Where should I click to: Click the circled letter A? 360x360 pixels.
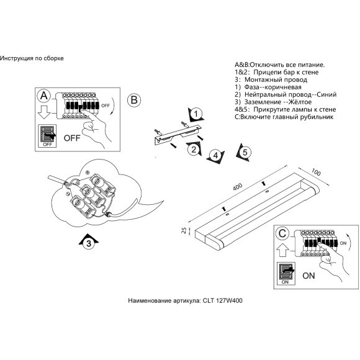pyautogui.click(x=44, y=96)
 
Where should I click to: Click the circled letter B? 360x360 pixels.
pyautogui.click(x=134, y=100)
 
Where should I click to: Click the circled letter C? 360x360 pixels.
pyautogui.click(x=282, y=233)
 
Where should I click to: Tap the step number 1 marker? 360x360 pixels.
pyautogui.click(x=196, y=114)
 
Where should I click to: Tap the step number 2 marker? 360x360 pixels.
pyautogui.click(x=194, y=150)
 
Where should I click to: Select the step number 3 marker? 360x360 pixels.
pyautogui.click(x=89, y=243)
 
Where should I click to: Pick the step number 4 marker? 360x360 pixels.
pyautogui.click(x=215, y=156)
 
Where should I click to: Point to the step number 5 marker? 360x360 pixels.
pyautogui.click(x=245, y=153)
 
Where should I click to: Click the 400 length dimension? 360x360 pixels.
pyautogui.click(x=237, y=186)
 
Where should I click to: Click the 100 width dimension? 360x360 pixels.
pyautogui.click(x=316, y=172)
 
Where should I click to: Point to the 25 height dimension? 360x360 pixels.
pyautogui.click(x=184, y=230)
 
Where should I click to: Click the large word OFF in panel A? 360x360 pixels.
pyautogui.click(x=72, y=138)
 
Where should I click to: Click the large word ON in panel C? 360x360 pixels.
pyautogui.click(x=308, y=276)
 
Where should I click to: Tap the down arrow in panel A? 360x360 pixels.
pyautogui.click(x=44, y=112)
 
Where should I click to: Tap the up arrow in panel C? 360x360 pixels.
pyautogui.click(x=282, y=250)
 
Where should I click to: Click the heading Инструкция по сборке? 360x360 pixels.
pyautogui.click(x=32, y=58)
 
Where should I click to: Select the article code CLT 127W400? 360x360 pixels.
pyautogui.click(x=222, y=300)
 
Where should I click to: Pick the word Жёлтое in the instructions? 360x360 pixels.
pyautogui.click(x=300, y=102)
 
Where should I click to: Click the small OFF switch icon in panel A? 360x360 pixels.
pyautogui.click(x=48, y=136)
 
